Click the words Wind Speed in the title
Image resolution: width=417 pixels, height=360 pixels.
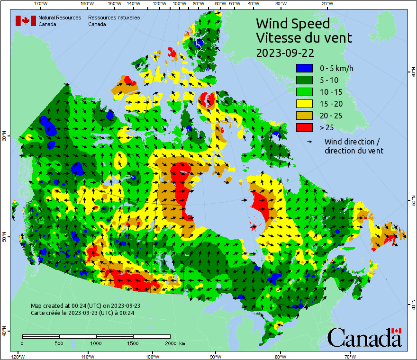click(292, 23)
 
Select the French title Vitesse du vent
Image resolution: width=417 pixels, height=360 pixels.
click(304, 37)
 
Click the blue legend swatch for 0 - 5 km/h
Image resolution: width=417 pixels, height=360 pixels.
click(305, 68)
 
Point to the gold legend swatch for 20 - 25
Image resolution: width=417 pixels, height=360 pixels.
click(305, 116)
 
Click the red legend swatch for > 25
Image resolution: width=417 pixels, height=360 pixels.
click(305, 127)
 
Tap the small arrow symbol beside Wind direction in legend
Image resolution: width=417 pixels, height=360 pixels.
click(309, 142)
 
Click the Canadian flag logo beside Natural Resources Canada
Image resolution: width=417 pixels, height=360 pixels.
click(26, 21)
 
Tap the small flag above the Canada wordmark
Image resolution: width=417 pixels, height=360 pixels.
click(397, 331)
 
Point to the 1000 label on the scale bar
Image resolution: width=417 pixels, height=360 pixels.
click(96, 343)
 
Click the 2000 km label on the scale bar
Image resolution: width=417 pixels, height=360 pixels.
click(174, 343)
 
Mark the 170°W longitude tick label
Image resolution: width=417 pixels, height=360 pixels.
click(41, 4)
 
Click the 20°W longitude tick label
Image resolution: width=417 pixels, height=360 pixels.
click(326, 4)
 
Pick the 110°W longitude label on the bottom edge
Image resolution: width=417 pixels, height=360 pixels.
click(87, 356)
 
